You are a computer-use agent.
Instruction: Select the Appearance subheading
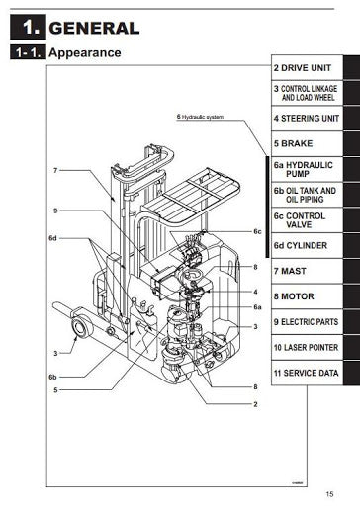(x=85, y=52)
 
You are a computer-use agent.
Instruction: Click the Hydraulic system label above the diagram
(x=202, y=116)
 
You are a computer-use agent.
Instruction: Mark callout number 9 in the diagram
(x=56, y=210)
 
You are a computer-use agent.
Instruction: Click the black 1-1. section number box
(x=26, y=52)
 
